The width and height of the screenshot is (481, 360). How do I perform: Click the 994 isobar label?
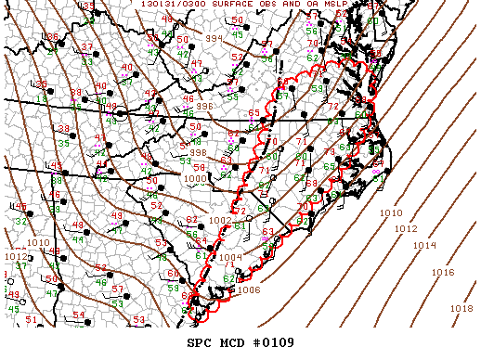coord(214,39)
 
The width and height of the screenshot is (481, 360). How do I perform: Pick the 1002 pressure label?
coord(220,220)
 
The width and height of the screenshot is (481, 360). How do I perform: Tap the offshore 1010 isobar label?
coord(391,213)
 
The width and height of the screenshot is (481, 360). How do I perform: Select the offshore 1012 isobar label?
coord(406,228)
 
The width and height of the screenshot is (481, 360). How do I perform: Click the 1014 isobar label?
coord(423,245)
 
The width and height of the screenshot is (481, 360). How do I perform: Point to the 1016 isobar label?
coord(443,273)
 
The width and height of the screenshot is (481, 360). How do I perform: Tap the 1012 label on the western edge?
coord(16,256)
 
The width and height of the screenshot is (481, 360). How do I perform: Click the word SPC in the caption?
coord(200,342)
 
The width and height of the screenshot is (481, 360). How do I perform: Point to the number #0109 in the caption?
coord(273,342)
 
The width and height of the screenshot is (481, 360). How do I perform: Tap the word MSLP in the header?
coord(332,5)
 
